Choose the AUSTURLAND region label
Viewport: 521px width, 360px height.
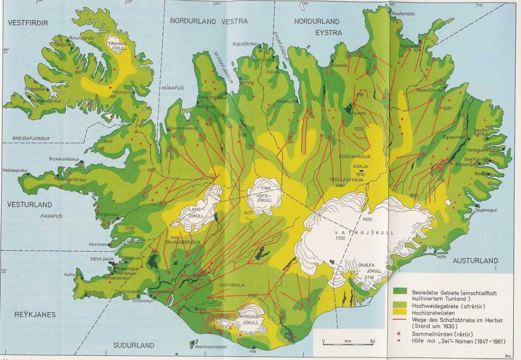[x=475, y=260]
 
